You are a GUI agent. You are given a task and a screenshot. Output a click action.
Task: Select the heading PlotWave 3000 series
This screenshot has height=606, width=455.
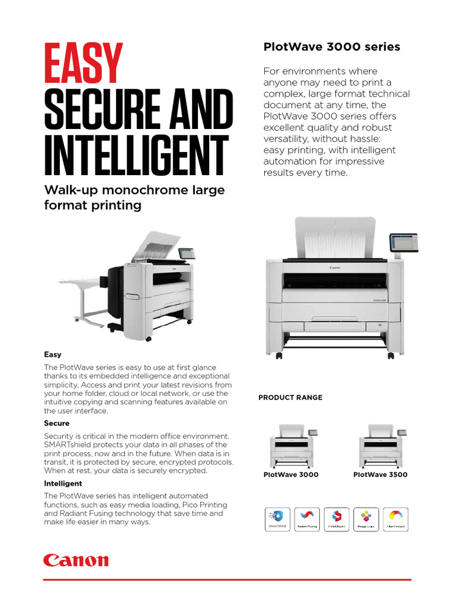[x=332, y=47]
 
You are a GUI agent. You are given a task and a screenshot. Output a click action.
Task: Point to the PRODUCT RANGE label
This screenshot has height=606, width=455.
[x=290, y=398]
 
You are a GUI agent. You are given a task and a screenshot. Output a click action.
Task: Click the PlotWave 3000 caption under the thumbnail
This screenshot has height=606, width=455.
[x=291, y=475]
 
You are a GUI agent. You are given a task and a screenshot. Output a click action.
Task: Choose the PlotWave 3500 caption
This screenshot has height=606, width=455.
[x=380, y=475]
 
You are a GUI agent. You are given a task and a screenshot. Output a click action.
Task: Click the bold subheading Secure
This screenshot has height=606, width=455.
[x=57, y=424]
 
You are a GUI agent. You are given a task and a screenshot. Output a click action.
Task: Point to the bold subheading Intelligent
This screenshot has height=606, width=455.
[x=63, y=483]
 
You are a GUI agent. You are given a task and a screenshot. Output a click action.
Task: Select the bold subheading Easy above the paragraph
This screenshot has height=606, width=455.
[x=53, y=354]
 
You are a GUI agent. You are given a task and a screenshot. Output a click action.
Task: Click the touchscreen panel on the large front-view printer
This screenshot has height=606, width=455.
[x=403, y=243]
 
